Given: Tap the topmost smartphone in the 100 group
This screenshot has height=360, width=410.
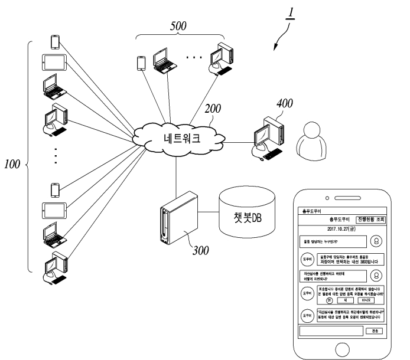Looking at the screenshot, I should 55,42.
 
